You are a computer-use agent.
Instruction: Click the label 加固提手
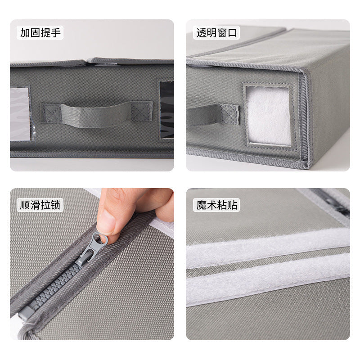click(40, 33)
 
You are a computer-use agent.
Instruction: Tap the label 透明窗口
click(217, 33)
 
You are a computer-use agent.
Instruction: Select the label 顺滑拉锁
click(40, 205)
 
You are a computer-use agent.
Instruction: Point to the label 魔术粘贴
click(217, 205)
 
